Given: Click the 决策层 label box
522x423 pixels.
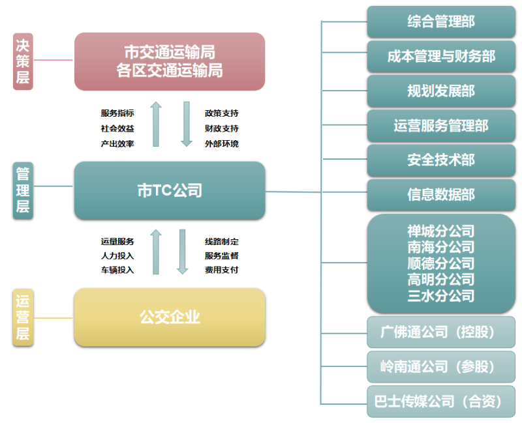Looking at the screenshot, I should pyautogui.click(x=23, y=61).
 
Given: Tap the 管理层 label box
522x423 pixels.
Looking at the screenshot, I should pyautogui.click(x=23, y=190).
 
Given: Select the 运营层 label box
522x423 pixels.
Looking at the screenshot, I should pyautogui.click(x=23, y=318).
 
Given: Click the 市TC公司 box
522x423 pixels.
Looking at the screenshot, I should pyautogui.click(x=170, y=190).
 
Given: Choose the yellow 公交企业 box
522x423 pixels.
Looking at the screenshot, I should pyautogui.click(x=170, y=317).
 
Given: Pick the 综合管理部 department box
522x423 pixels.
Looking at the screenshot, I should pyautogui.click(x=441, y=22).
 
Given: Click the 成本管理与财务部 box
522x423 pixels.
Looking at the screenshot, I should pyautogui.click(x=441, y=57).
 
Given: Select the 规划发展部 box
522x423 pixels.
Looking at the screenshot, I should pyautogui.click(x=441, y=91).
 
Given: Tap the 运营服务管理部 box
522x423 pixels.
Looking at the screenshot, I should pyautogui.click(x=441, y=126).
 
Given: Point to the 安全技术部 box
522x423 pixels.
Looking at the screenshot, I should pyautogui.click(x=441, y=160).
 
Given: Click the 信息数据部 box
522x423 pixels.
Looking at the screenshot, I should pyautogui.click(x=441, y=195).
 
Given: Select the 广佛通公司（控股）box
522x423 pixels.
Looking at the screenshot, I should pyautogui.click(x=441, y=332).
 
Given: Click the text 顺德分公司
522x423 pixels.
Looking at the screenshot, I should pyautogui.click(x=441, y=264).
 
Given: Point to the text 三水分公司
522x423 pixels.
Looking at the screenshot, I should pyautogui.click(x=441, y=296).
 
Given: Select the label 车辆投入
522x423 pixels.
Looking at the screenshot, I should pyautogui.click(x=117, y=270).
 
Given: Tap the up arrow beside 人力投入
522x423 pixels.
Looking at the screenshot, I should pyautogui.click(x=155, y=252).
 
